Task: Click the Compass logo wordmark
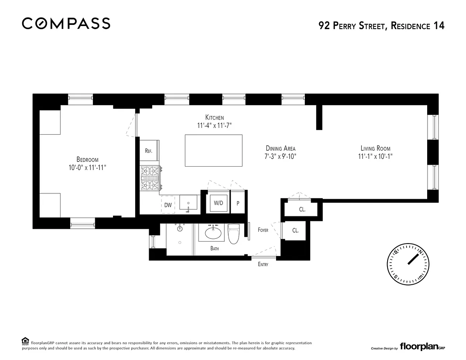point(66,23)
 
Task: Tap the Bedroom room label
point(87,160)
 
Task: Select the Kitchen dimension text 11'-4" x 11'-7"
point(214,125)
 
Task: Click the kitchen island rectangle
point(214,151)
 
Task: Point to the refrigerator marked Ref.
point(150,150)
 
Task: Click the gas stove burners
point(150,178)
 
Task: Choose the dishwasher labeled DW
point(168,205)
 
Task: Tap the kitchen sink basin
point(188,202)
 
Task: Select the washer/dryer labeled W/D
point(218,203)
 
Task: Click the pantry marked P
point(238,203)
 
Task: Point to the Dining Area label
point(280,148)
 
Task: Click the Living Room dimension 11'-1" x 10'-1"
point(375,156)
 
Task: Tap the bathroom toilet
point(233,234)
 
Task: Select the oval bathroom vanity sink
point(213,233)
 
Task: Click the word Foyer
point(263,230)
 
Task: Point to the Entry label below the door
point(263,264)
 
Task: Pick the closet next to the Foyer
point(295,231)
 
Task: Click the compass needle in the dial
point(413,259)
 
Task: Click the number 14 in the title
point(439,26)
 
